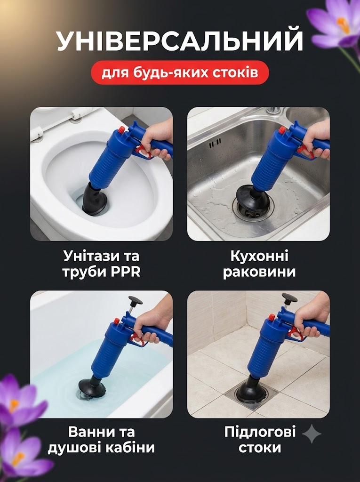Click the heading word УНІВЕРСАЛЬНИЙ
(180, 40)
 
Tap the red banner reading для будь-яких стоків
(180, 72)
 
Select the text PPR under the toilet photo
(126, 272)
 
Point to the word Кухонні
(259, 256)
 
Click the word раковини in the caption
(259, 272)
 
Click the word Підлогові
(260, 432)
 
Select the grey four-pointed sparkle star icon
(312, 434)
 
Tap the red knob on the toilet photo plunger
(121, 129)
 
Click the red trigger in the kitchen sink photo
(306, 152)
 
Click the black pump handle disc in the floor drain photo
(289, 297)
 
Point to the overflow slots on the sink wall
(215, 143)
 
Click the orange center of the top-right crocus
(343, 24)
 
